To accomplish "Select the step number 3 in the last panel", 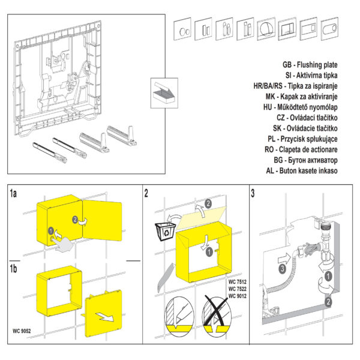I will (x=254, y=193).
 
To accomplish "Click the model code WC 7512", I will (x=237, y=281).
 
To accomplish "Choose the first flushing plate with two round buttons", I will (x=184, y=30).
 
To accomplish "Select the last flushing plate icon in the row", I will (x=331, y=29).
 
